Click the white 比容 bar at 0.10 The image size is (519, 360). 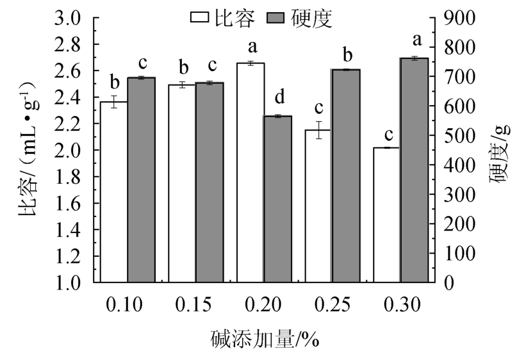tap(113, 192)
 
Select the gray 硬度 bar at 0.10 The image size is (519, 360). tap(141, 180)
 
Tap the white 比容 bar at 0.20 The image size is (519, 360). tap(251, 172)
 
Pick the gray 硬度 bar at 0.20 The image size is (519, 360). tap(278, 199)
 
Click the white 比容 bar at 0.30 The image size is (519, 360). tap(387, 215)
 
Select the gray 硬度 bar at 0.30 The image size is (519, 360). tap(414, 170)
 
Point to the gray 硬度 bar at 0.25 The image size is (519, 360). tap(346, 176)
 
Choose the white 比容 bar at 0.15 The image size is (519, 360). tap(182, 183)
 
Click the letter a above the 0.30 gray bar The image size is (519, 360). tap(415, 42)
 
